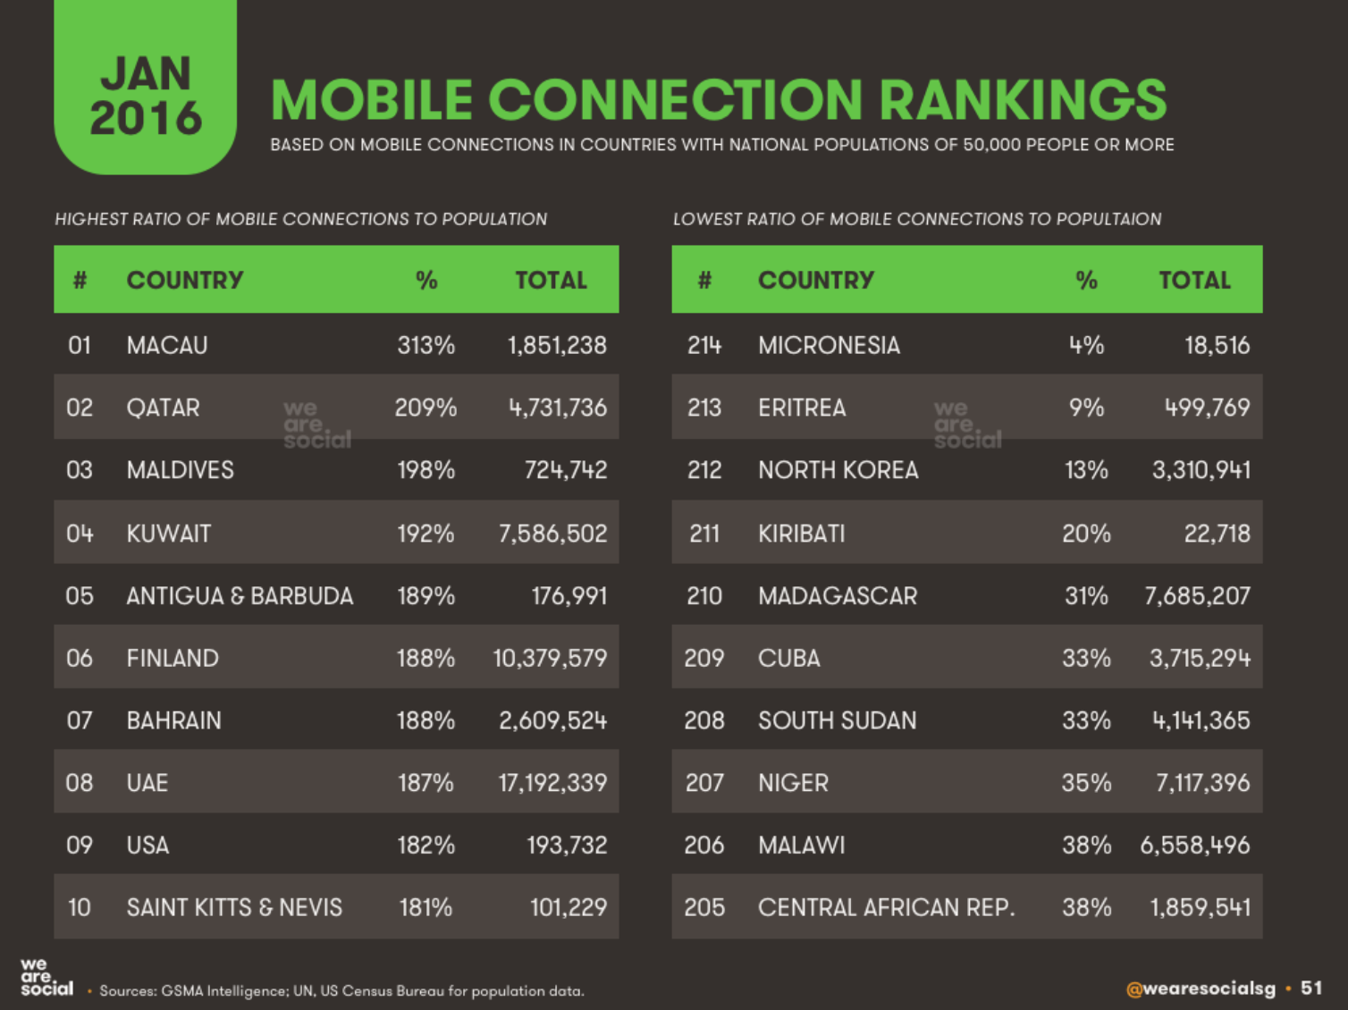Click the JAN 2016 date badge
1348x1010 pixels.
145,96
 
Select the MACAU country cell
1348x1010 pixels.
167,345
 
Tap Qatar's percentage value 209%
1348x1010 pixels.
425,408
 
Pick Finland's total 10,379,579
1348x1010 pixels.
550,659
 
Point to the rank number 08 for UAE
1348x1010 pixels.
80,783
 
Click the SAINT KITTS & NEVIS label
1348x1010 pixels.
234,908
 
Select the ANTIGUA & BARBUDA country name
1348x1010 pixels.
240,596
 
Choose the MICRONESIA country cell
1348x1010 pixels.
829,345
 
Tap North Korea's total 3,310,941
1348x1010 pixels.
1201,470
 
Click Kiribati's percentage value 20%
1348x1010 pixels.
1086,534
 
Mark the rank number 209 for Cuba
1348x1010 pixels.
703,659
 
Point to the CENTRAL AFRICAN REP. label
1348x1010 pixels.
886,908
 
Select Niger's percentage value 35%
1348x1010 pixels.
1086,783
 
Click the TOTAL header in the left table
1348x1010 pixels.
551,280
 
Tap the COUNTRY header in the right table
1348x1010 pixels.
815,280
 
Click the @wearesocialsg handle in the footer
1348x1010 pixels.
1201,989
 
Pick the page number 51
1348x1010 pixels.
1311,988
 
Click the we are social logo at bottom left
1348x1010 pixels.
46,977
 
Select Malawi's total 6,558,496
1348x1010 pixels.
1194,846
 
